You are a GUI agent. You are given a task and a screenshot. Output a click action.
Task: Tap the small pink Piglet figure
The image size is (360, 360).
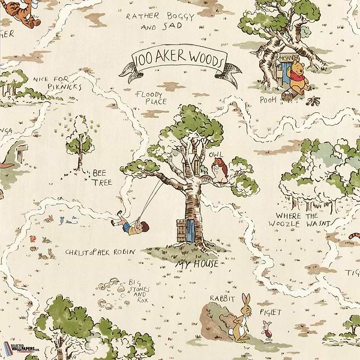(267, 329)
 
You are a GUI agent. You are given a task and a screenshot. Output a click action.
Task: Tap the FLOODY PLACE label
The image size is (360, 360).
(148, 98)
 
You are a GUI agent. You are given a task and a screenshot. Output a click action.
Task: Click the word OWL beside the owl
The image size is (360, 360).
(214, 155)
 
